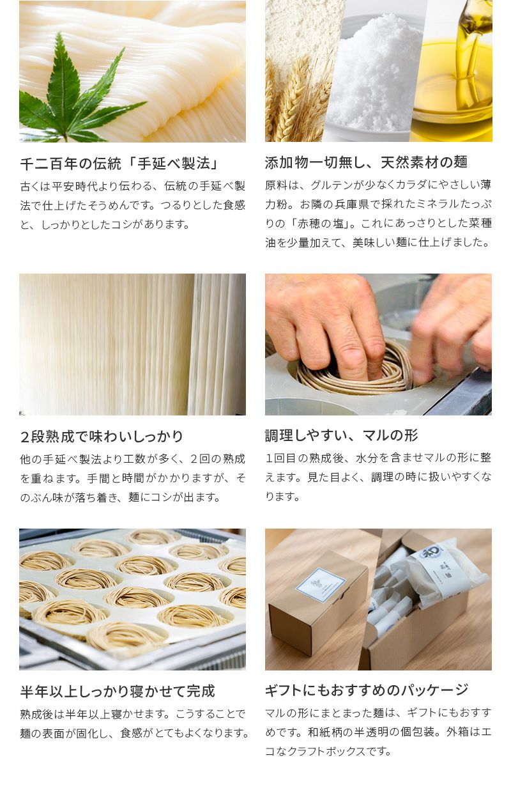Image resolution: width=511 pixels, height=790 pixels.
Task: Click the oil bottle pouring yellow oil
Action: [x=473, y=38]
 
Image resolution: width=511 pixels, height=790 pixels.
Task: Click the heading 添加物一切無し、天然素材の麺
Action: [x=366, y=162]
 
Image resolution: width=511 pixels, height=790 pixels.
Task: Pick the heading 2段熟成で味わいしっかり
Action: [x=102, y=437]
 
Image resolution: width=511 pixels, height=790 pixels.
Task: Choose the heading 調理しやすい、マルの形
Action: [x=341, y=435]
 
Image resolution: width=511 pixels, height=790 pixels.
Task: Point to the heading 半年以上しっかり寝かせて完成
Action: [x=117, y=691]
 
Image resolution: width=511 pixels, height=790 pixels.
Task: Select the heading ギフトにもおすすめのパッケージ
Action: [x=367, y=690]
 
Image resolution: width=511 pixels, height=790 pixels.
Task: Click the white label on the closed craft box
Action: [x=321, y=584]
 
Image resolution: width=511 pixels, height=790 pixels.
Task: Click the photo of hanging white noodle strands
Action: [x=132, y=345]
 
